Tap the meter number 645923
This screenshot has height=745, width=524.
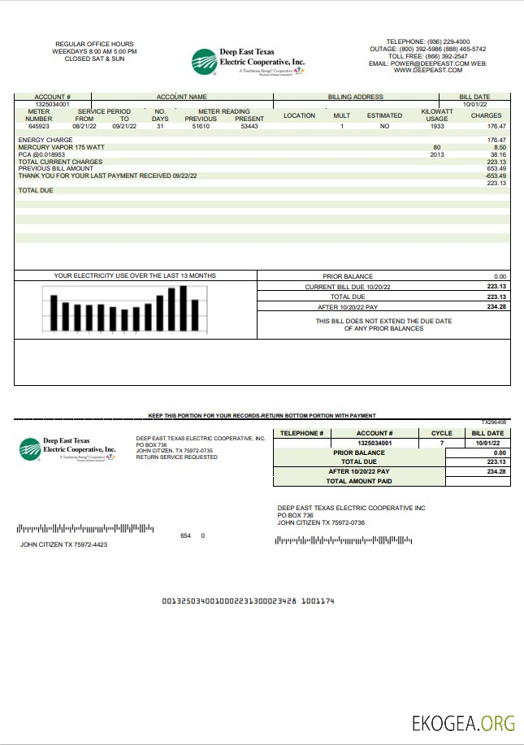coord(39,127)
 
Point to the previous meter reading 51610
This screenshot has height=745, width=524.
coord(201,127)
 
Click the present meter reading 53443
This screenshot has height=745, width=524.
coord(249,127)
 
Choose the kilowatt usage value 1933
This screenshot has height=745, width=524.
coord(437,127)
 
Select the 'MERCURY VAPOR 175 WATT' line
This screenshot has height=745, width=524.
coord(56,147)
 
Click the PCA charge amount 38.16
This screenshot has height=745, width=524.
coord(497,154)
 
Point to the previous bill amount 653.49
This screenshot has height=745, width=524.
coord(496,168)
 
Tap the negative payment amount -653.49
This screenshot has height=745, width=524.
coord(495,175)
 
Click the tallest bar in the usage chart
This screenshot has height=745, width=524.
coord(184,309)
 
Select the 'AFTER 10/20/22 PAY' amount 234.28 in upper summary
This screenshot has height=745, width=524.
coord(496,307)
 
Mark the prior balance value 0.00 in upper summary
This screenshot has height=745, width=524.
coord(499,277)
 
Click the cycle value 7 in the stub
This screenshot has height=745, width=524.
coord(442,443)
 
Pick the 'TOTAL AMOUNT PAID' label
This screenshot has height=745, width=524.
coord(358,481)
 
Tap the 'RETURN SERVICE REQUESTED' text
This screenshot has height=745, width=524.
coord(176,457)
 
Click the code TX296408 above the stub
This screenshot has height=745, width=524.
coord(493,422)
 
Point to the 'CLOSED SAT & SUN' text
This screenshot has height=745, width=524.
coord(94,58)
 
